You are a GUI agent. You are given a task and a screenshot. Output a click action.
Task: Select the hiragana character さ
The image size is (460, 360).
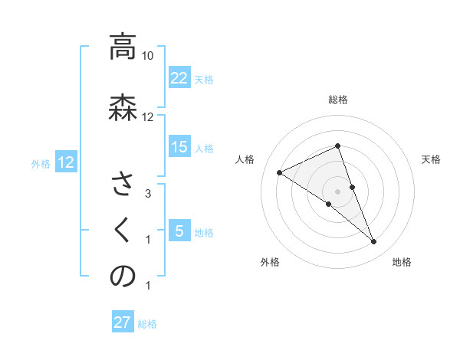point(122,184)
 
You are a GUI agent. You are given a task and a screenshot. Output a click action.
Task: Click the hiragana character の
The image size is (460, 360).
point(122,277)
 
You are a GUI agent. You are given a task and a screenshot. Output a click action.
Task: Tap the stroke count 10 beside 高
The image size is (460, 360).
point(148,56)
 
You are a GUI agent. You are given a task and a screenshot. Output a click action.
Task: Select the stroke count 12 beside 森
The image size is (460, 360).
point(148,117)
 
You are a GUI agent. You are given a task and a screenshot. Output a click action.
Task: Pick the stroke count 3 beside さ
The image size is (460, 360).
point(148,194)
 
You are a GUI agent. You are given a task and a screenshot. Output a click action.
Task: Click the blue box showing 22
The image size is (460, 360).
point(179,78)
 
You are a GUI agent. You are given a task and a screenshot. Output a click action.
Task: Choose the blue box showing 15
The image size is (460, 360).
point(179,147)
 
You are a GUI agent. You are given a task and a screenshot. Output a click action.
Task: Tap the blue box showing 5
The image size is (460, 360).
point(179,231)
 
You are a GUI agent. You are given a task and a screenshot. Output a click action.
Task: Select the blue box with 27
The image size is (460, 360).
point(123,322)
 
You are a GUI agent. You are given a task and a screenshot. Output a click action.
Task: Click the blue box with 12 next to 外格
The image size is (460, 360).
point(66,162)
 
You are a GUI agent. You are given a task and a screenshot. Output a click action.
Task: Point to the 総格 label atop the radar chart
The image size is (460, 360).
point(338,100)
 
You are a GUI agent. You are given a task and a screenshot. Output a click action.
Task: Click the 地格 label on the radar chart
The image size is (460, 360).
point(402,262)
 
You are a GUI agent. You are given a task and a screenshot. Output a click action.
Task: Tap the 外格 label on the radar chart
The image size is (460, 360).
point(270,262)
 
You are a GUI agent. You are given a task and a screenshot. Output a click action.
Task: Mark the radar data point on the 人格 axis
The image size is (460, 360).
point(280,172)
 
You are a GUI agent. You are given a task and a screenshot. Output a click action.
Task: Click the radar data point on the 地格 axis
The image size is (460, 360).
point(374,242)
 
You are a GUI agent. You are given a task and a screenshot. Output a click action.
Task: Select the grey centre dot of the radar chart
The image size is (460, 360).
point(338,191)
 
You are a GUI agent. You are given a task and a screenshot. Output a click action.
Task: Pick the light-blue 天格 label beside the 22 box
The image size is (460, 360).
point(204,79)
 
